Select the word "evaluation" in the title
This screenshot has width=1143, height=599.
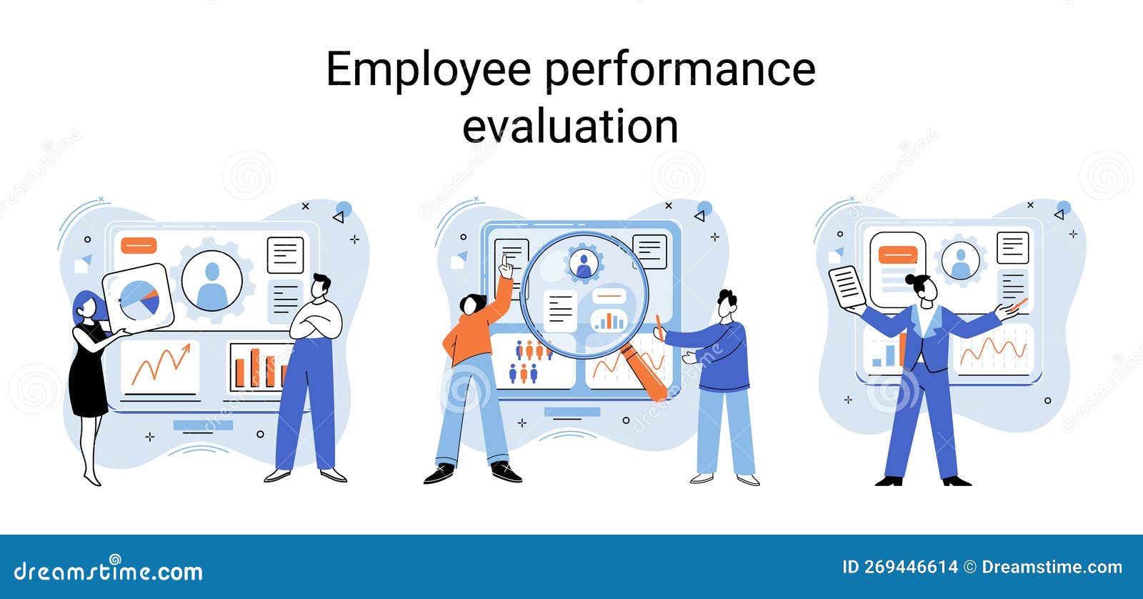pos(570,127)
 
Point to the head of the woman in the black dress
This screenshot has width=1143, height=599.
pos(85,306)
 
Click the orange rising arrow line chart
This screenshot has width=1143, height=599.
pos(160,365)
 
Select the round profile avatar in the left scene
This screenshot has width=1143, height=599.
pos(211,281)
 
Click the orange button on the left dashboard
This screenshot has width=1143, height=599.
pos(138,245)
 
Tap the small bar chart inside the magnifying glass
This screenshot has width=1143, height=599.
pos(609,320)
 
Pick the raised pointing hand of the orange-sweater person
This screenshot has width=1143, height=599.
pos(506,268)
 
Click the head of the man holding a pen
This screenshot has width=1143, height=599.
pos(727,305)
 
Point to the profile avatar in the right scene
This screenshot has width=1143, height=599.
pos(961,261)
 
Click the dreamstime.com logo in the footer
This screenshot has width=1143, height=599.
pos(109,570)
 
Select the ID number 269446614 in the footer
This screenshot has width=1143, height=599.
pos(911,568)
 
